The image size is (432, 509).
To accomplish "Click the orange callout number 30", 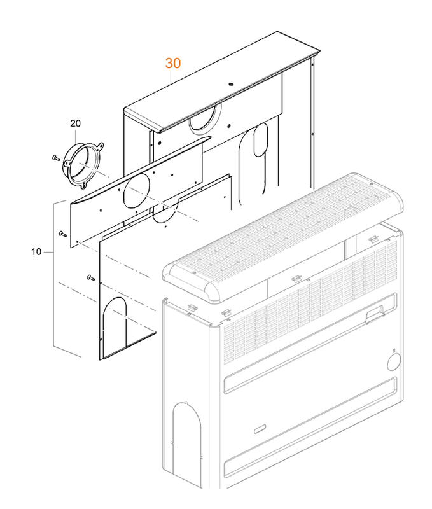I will (x=173, y=64).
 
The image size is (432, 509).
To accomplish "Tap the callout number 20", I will (x=76, y=123).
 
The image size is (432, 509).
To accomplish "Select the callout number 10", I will (x=36, y=252).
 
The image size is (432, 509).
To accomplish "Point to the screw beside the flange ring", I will (x=55, y=156).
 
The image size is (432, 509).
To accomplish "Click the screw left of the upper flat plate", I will (x=61, y=234).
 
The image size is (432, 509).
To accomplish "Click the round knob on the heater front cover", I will (x=393, y=362).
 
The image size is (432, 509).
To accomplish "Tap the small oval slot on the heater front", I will (x=260, y=428).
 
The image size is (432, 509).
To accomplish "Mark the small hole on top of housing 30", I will (x=231, y=83).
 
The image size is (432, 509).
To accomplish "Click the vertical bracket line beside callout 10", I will (x=53, y=280).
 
